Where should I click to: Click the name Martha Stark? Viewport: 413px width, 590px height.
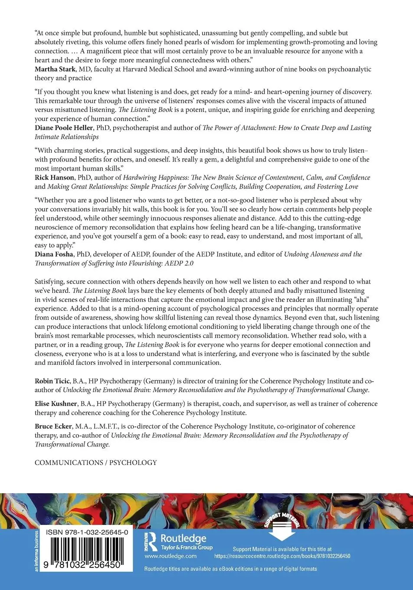(55, 69)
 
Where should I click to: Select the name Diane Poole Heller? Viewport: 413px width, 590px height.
(64, 128)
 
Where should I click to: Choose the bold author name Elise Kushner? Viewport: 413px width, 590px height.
(55, 404)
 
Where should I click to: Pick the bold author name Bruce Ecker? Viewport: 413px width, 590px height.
(53, 426)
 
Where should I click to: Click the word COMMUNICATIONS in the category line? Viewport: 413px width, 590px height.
(68, 462)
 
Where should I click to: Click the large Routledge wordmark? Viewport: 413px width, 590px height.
(184, 538)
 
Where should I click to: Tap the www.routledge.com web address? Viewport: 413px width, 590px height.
(170, 556)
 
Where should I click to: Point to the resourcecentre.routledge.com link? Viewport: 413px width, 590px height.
(282, 556)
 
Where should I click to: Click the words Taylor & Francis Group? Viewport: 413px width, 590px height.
(187, 547)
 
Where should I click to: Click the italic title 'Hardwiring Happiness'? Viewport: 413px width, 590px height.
(155, 177)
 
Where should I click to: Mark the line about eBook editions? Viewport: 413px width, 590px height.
(230, 569)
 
